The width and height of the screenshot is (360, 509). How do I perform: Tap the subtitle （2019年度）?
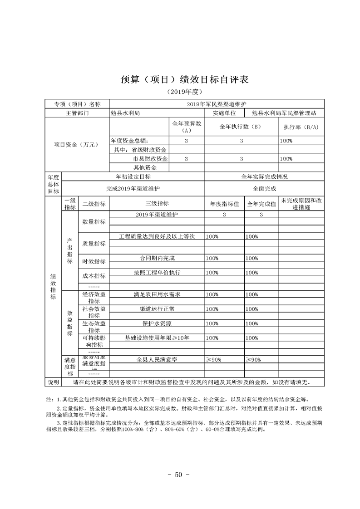[x=180, y=92]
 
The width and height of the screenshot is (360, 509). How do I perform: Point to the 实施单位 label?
[x=224, y=113]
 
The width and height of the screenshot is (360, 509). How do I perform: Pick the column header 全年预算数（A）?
[x=187, y=127]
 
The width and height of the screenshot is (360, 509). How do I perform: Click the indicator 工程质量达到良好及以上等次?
[x=157, y=236]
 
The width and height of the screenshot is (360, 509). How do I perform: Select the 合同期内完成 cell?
[x=157, y=258]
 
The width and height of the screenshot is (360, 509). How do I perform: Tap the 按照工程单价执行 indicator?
[x=157, y=273]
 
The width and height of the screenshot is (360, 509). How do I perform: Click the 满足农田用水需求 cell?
[x=157, y=294]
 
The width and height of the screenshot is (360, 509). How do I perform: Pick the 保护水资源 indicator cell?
[x=157, y=323]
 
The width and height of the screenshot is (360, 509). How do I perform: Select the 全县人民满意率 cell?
[x=157, y=359]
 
